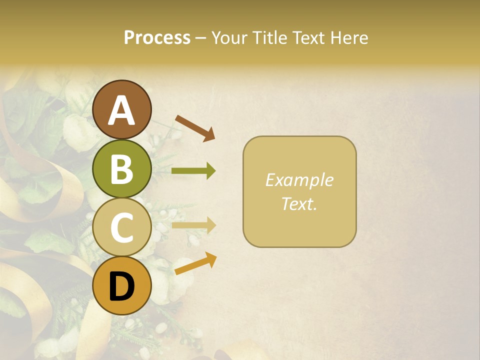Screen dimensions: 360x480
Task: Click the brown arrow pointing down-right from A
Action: [195, 127]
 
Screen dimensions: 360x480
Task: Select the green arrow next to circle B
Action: [193, 171]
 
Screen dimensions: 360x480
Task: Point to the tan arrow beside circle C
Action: [193, 225]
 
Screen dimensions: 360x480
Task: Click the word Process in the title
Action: [157, 37]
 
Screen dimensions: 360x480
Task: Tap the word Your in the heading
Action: [228, 37]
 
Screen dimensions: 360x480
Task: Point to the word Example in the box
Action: [299, 180]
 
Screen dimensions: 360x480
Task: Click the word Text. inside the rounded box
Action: [299, 204]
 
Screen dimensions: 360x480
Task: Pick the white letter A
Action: [122, 111]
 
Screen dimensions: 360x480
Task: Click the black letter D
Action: [122, 287]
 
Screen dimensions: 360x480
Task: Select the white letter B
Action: [122, 169]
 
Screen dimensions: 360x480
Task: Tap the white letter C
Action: [122, 228]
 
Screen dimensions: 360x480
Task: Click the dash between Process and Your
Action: [201, 38]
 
